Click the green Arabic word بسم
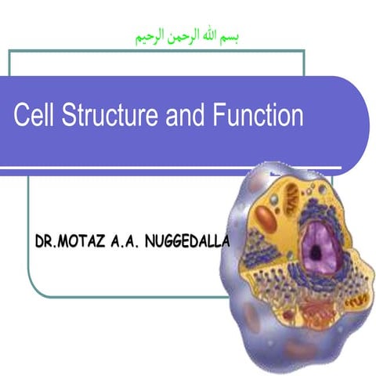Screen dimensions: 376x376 (x=232, y=37)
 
